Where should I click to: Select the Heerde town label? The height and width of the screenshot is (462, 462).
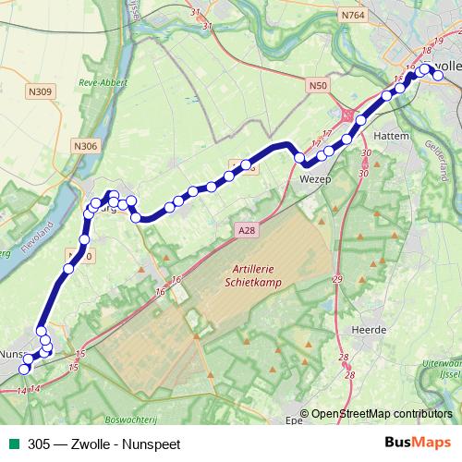point(367,329)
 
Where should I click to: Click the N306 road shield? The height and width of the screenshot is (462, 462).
point(84,145)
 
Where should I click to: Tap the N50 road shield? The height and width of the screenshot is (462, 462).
point(318,86)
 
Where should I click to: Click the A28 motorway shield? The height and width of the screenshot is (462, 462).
point(245,230)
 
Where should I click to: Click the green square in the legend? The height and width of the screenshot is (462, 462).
point(14,443)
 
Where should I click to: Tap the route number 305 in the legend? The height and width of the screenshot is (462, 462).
point(39,443)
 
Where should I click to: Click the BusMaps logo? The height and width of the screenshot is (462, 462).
point(419,442)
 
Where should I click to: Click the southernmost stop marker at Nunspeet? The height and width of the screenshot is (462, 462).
point(25,370)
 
